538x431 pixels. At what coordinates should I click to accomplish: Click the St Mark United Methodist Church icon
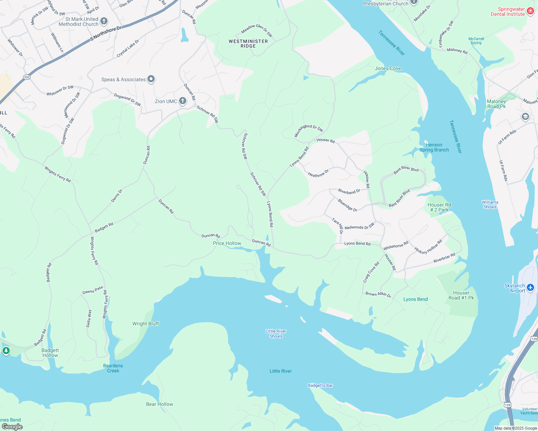tap(104, 21)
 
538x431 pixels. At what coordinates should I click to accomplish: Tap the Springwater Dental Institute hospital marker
tap(530, 11)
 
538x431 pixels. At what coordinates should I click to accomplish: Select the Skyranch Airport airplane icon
tap(530, 288)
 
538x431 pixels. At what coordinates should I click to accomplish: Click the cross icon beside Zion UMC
tap(183, 101)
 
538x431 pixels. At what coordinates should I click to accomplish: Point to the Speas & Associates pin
tap(151, 79)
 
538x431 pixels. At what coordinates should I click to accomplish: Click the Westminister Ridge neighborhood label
tap(248, 43)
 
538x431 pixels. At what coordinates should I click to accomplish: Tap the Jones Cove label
tap(388, 68)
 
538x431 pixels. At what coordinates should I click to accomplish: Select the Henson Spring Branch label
tap(434, 147)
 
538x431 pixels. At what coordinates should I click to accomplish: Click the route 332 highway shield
tap(27, 77)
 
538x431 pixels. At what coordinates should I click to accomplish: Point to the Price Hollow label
tap(227, 243)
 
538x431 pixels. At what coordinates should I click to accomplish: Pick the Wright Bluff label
tap(146, 324)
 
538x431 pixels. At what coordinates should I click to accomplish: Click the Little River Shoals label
tap(276, 334)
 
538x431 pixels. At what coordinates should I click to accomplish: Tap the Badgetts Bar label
tap(320, 385)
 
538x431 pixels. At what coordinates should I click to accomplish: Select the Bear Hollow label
tap(159, 404)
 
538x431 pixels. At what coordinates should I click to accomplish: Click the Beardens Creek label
tap(113, 368)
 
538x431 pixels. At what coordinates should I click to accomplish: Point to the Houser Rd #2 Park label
tap(439, 207)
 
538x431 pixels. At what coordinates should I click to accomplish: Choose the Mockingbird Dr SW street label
tap(309, 130)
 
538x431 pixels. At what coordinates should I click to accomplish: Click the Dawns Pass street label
tap(93, 290)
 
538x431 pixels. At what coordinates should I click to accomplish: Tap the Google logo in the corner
tap(12, 426)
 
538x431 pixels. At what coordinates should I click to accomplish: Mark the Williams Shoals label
tap(490, 204)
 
